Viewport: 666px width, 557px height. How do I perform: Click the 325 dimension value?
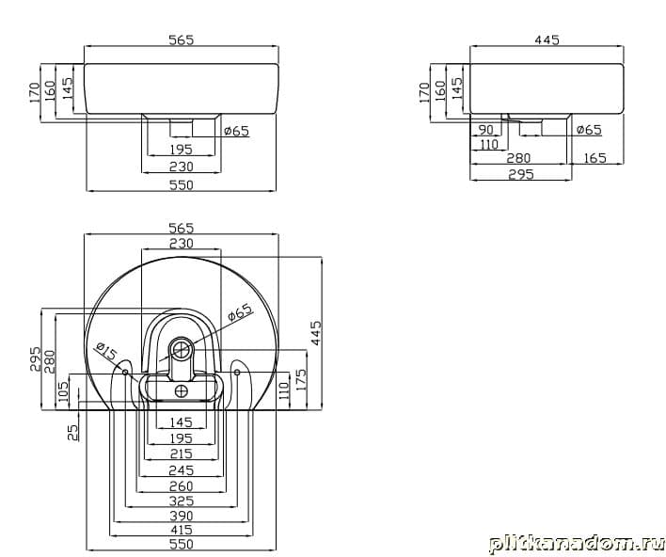[182, 501]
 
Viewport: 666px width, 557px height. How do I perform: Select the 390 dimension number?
[182, 516]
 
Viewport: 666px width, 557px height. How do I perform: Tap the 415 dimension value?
[182, 530]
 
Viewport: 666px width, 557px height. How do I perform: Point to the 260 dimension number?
[182, 485]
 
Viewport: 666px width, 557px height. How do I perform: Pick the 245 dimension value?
[182, 470]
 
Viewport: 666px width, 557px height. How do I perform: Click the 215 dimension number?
[182, 454]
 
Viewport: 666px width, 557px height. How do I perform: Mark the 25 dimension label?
[73, 433]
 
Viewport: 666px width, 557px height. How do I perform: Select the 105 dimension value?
[62, 393]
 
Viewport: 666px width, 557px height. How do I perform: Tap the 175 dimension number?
[300, 381]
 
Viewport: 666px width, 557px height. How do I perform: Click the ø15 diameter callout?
[106, 351]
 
